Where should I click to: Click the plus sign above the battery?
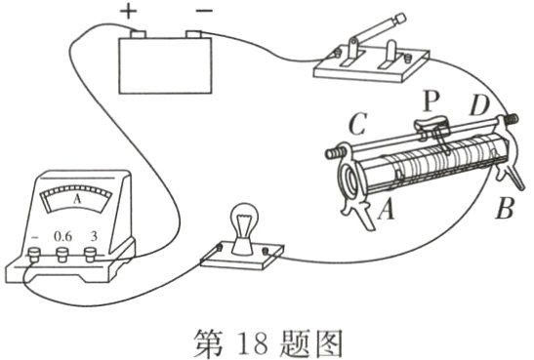[129, 12]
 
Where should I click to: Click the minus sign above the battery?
[204, 11]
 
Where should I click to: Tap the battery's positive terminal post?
[139, 34]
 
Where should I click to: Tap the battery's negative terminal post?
[193, 34]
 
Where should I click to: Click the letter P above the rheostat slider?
[431, 101]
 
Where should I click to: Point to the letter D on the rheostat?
[479, 105]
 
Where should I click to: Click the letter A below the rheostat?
[387, 209]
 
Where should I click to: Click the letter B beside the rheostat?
[505, 208]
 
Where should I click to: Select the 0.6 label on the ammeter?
[63, 236]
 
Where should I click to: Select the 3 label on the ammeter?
[94, 236]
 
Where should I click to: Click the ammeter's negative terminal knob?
[34, 255]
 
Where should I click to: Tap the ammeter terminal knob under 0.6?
[62, 255]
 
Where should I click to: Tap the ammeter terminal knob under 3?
[90, 255]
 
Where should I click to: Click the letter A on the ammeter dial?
[78, 199]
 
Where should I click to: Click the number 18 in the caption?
[252, 343]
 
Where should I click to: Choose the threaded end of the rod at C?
[333, 154]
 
